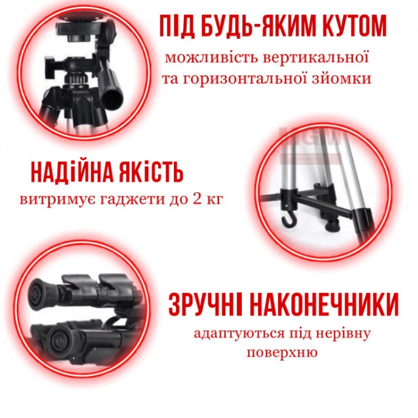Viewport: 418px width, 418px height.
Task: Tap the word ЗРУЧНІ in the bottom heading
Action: pos(206,305)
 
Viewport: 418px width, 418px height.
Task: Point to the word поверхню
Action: pos(282,353)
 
